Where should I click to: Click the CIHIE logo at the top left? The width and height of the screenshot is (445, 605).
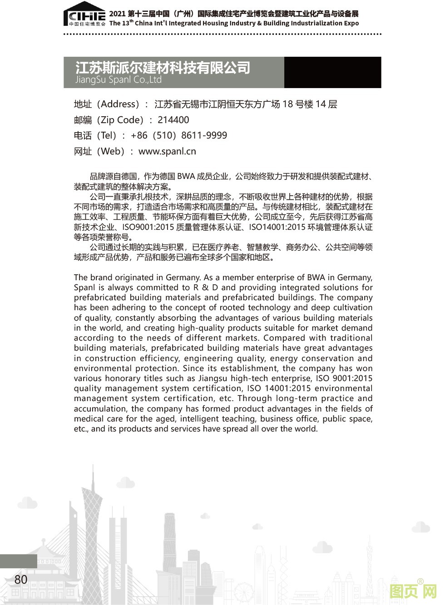pos(84,16)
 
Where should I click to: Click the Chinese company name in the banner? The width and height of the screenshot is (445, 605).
pos(163,68)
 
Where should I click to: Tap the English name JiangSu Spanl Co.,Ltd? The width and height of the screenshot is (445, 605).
pos(119,80)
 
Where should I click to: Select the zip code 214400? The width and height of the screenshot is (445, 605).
pos(173,120)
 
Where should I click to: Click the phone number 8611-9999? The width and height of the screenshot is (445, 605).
pos(204,135)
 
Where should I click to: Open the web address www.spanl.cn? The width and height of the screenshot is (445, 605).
pos(167,151)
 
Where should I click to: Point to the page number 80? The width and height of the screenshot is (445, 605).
pos(21,580)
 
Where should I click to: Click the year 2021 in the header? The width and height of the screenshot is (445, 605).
pos(117,14)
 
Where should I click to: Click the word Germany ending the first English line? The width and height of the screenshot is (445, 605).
pos(357,278)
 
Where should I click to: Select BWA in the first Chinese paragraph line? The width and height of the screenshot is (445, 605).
pos(186,177)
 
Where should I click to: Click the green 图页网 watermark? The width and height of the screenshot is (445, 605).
pos(413,592)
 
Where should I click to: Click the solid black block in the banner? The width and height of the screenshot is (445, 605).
pos(332,72)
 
